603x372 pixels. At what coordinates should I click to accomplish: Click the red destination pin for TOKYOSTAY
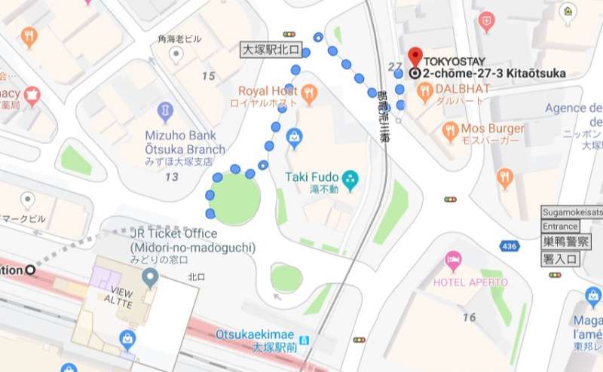point(415,56)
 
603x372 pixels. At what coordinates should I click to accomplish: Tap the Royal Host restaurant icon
point(309,93)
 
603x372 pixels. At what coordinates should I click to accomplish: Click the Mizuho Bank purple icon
point(165,113)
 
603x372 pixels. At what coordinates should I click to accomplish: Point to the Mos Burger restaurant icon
point(451,130)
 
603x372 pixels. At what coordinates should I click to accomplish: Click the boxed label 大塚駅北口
point(271,50)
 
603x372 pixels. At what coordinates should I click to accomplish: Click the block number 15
point(209,76)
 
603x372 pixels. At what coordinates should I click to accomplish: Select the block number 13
point(172,177)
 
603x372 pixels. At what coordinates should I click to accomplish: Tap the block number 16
point(469,317)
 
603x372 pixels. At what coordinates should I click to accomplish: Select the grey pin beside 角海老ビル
point(176,53)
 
